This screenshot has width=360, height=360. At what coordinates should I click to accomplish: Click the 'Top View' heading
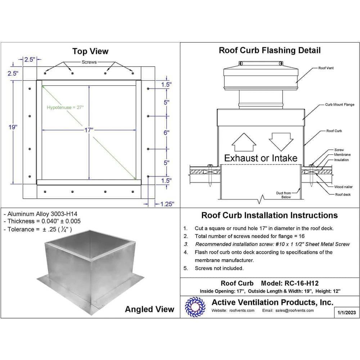pyautogui.click(x=90, y=51)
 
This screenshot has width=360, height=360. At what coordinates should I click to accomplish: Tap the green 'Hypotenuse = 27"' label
pyautogui.click(x=65, y=107)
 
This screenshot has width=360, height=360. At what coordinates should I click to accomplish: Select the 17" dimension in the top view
pyautogui.click(x=89, y=130)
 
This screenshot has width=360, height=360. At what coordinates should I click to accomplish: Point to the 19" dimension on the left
pyautogui.click(x=13, y=127)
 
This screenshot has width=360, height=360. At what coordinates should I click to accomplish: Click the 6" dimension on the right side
pyautogui.click(x=166, y=132)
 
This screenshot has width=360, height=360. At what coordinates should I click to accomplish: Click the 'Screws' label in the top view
pyautogui.click(x=89, y=62)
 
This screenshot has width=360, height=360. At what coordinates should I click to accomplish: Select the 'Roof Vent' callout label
pyautogui.click(x=326, y=68)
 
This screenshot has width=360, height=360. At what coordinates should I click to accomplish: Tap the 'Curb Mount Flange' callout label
pyautogui.click(x=339, y=105)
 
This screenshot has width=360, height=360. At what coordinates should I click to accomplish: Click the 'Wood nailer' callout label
pyautogui.click(x=343, y=187)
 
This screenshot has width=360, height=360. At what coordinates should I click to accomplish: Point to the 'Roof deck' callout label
pyautogui.click(x=343, y=194)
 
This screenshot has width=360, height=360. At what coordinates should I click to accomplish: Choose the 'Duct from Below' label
pyautogui.click(x=283, y=195)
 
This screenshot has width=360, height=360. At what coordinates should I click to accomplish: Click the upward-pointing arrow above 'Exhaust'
pyautogui.click(x=243, y=143)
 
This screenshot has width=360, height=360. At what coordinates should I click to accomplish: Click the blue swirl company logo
pyautogui.click(x=195, y=307)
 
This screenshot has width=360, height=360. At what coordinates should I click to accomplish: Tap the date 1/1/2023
pyautogui.click(x=347, y=312)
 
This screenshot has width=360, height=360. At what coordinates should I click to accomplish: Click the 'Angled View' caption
pyautogui.click(x=149, y=309)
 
